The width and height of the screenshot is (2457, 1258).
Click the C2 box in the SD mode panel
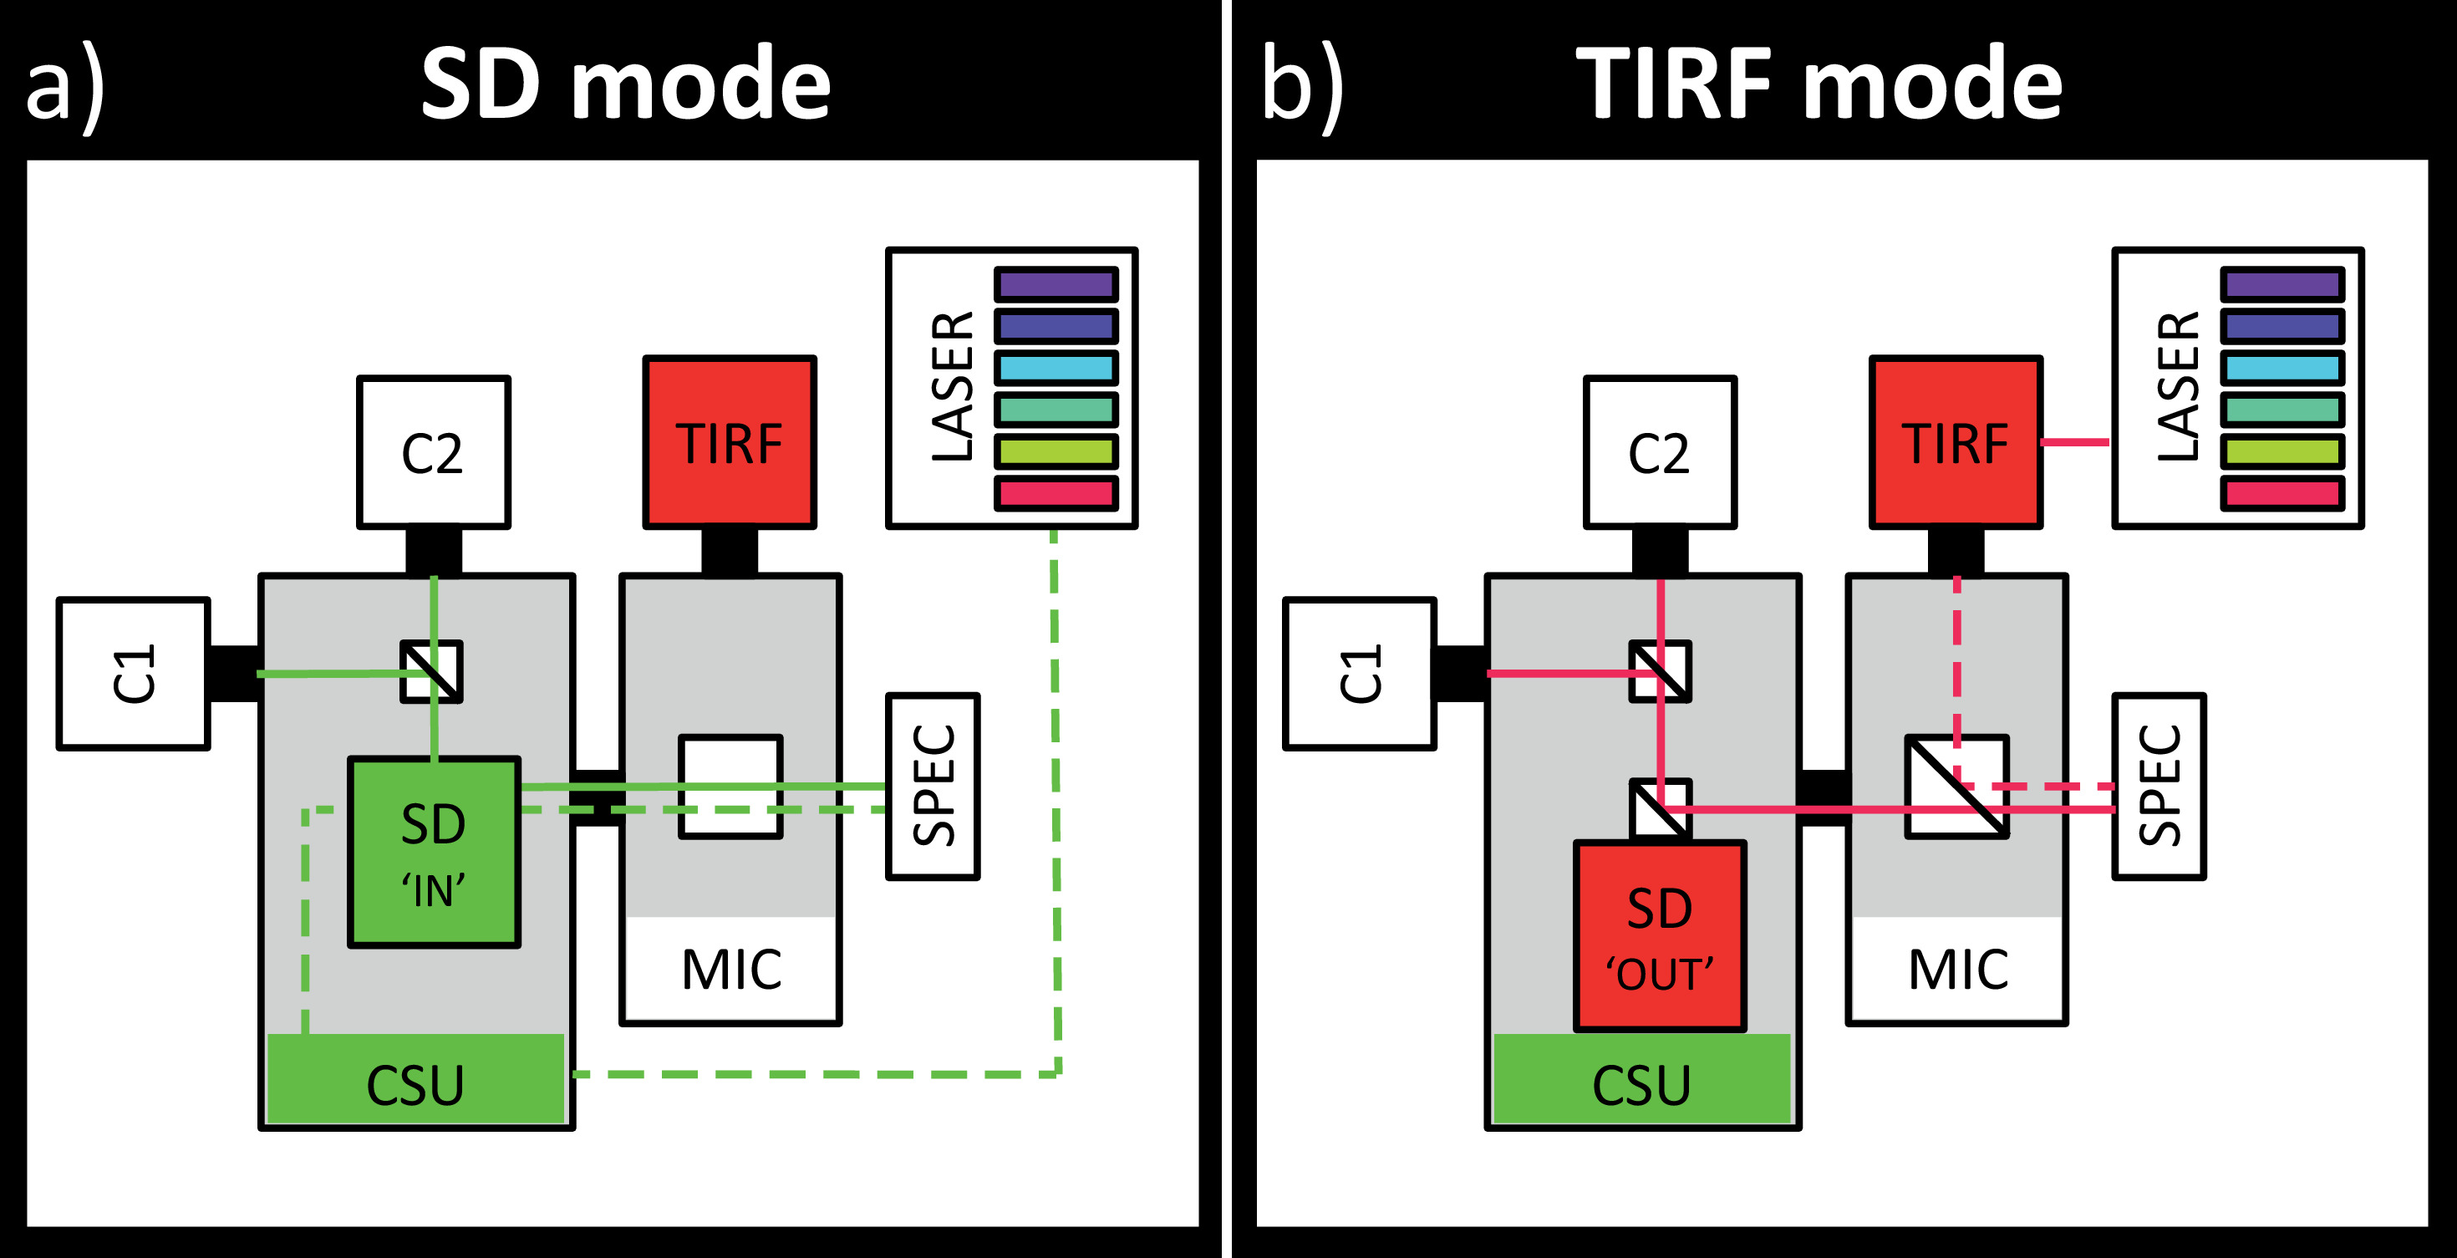click(x=434, y=452)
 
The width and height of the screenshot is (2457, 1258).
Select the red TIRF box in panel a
click(x=730, y=441)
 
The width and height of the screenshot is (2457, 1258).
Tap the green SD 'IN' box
click(x=434, y=852)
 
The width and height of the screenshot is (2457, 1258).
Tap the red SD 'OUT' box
click(x=1660, y=935)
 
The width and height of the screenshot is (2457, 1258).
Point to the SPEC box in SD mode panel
click(x=933, y=786)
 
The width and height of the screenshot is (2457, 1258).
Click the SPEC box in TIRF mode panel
click(x=2159, y=786)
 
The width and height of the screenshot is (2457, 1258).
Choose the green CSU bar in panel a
click(x=416, y=1082)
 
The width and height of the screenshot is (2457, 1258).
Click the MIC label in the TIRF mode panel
click(x=1958, y=970)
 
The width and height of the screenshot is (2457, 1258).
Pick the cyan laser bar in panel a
click(x=1056, y=367)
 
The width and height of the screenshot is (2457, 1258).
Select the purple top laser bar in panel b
click(x=2281, y=284)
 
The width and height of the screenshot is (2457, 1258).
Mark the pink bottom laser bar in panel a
click(x=1056, y=493)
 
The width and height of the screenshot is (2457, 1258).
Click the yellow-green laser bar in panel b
click(x=2281, y=451)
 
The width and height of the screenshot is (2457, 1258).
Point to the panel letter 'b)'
click(x=1303, y=86)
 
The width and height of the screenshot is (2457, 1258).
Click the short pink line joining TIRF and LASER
click(x=2075, y=441)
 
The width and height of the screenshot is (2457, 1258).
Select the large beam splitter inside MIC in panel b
click(x=1957, y=787)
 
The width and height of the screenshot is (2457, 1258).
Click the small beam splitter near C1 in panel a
click(x=431, y=671)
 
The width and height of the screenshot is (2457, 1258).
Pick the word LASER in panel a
click(x=952, y=386)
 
